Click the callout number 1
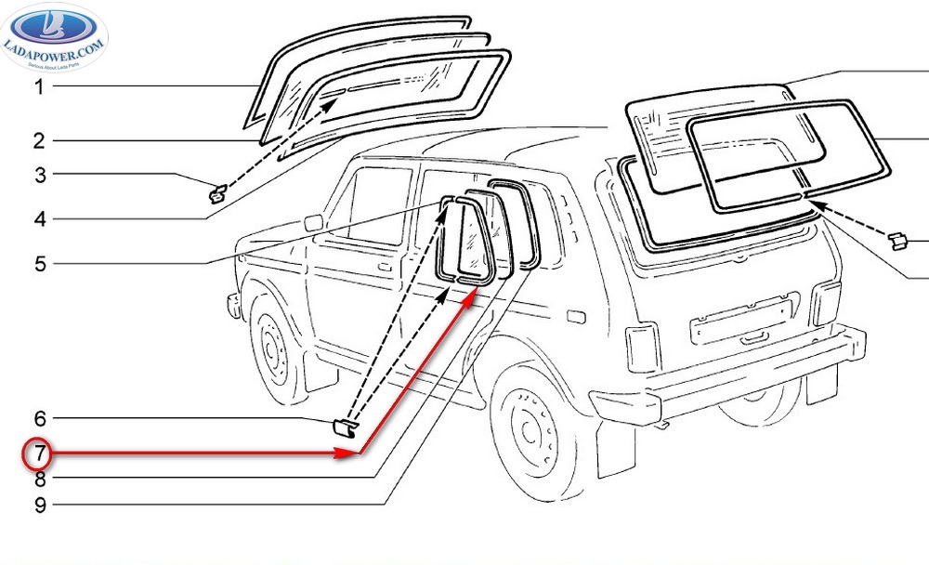pos(39,87)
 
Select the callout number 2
pos(39,141)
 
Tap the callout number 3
pos(39,175)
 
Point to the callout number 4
pos(39,220)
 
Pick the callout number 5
pos(39,264)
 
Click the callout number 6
pos(39,420)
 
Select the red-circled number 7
pos(39,455)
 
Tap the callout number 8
pos(39,480)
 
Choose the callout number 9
pos(39,506)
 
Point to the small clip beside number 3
pos(217,193)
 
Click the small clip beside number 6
pos(343,427)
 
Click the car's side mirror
pos(312,222)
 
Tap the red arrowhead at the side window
pos(473,296)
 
